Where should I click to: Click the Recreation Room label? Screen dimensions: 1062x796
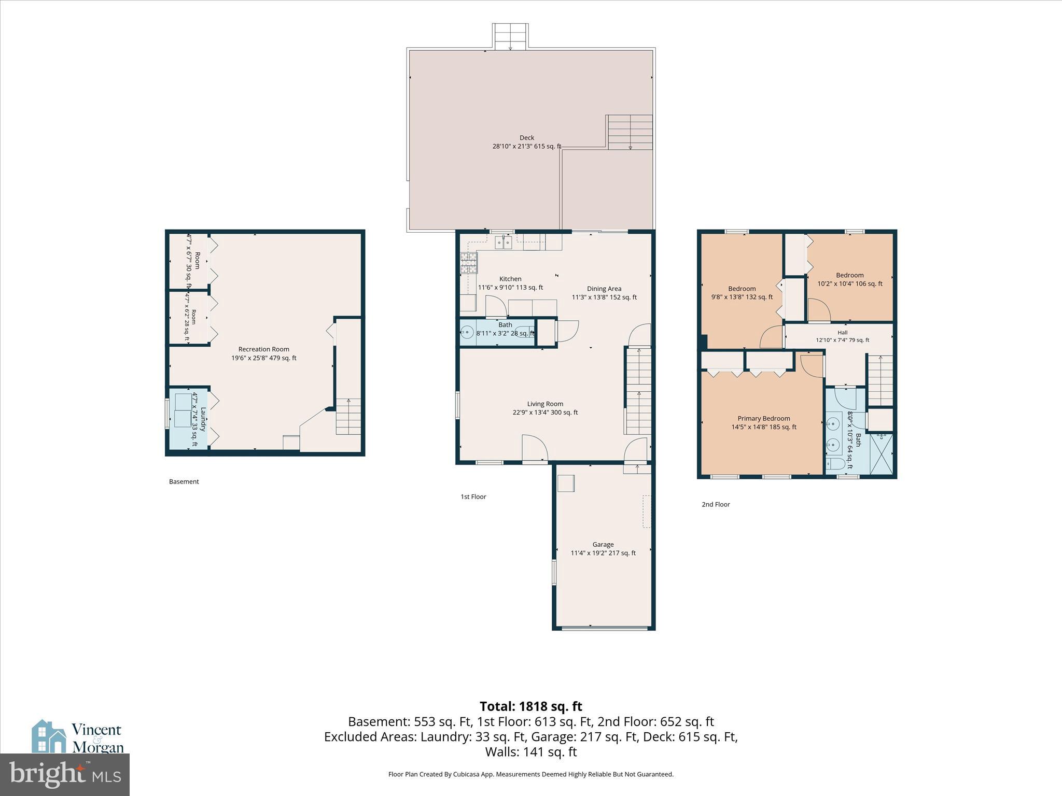(x=264, y=349)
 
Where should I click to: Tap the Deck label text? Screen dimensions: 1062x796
(x=527, y=138)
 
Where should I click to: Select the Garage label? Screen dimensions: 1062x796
(x=603, y=545)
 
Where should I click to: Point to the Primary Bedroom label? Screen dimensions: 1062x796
(x=764, y=419)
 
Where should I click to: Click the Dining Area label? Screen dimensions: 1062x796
(x=604, y=289)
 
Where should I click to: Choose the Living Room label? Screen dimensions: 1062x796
(x=545, y=404)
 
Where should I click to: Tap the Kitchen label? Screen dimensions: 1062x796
(x=510, y=279)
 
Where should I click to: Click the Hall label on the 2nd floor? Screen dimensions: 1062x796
(x=843, y=333)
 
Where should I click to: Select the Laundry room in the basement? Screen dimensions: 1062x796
(x=188, y=419)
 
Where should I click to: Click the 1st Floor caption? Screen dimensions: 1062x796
(x=473, y=496)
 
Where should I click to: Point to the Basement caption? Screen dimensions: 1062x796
(x=184, y=481)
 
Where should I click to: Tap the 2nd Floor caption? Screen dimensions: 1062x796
(x=716, y=504)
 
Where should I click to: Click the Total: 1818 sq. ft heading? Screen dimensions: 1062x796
(x=531, y=706)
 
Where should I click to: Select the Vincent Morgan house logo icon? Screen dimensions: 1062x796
(x=49, y=736)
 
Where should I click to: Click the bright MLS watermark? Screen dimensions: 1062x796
(x=65, y=775)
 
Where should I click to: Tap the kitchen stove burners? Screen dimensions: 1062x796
(x=469, y=263)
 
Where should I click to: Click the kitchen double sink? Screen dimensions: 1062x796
(x=503, y=242)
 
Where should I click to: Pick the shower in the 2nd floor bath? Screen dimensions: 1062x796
(x=882, y=454)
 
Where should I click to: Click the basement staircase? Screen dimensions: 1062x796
(x=348, y=416)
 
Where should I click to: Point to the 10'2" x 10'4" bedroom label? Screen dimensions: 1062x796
(x=850, y=280)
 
